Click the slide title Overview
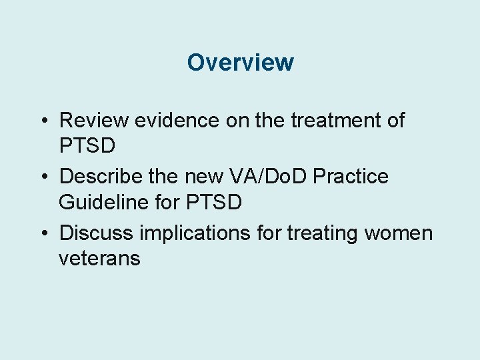tap(240, 62)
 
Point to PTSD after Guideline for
tap(213, 201)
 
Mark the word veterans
tap(99, 257)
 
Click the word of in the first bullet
tap(395, 121)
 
